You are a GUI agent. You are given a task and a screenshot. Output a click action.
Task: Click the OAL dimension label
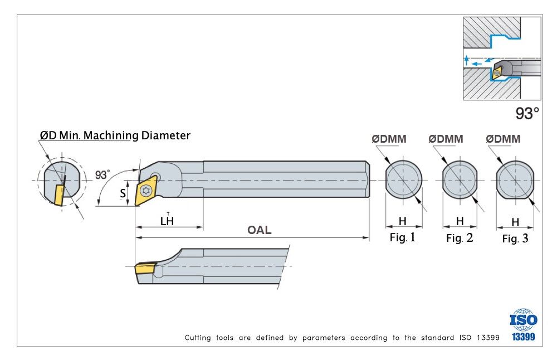[260, 230]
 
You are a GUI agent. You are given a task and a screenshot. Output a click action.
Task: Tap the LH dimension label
[167, 221]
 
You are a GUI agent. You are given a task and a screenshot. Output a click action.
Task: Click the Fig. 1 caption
[402, 237]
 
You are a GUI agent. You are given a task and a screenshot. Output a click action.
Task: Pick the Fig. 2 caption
[460, 239]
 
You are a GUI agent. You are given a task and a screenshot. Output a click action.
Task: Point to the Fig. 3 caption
[515, 239]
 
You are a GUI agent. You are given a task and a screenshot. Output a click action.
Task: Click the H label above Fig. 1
[403, 221]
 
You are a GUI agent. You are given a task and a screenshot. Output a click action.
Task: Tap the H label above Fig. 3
[515, 222]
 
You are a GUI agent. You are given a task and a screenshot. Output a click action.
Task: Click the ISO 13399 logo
[524, 325]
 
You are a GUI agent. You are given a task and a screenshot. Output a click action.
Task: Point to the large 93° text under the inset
[527, 114]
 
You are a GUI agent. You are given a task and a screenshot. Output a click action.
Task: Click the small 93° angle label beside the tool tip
[102, 174]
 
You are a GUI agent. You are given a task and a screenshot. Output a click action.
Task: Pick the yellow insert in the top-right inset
[497, 71]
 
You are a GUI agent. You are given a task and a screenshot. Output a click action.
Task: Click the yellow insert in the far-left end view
[58, 192]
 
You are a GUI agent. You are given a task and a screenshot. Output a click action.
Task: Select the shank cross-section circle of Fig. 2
[460, 181]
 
